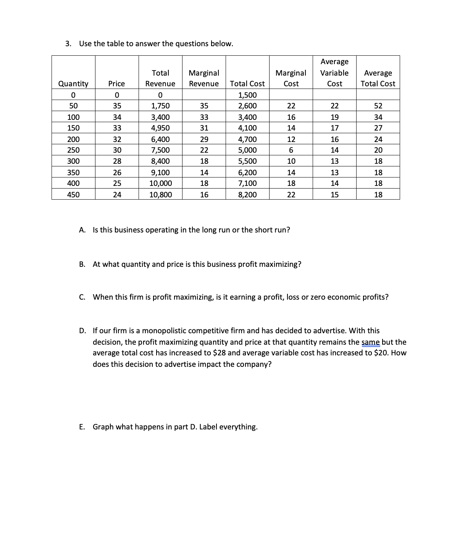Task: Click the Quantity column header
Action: [x=73, y=84]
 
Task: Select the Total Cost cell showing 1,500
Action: [x=247, y=95]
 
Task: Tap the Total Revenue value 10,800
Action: [x=160, y=195]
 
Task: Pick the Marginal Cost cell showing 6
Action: [x=291, y=150]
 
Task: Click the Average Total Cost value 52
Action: [x=378, y=106]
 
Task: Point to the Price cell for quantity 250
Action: [x=117, y=150]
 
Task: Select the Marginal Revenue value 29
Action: [x=204, y=139]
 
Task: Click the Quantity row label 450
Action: [x=73, y=195]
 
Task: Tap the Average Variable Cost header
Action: [x=334, y=73]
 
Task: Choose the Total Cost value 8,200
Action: [x=247, y=195]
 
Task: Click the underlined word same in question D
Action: [x=370, y=342]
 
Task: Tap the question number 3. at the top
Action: [x=68, y=44]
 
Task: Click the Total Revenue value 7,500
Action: [x=160, y=150]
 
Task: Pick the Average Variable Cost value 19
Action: [x=334, y=117]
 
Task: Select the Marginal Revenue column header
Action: [x=204, y=78]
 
